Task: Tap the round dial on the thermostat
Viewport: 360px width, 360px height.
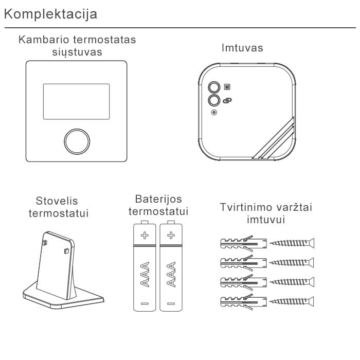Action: (x=76, y=140)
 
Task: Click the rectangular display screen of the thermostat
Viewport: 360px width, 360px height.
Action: (x=76, y=102)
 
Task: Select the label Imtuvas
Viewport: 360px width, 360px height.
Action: (x=242, y=48)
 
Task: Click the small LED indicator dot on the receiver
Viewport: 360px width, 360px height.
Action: (x=214, y=113)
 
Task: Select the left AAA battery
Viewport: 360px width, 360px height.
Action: (x=145, y=267)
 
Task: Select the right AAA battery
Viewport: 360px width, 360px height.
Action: (x=171, y=267)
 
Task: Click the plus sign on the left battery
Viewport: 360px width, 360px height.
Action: (x=145, y=236)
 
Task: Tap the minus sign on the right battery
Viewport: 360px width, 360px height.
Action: (x=171, y=304)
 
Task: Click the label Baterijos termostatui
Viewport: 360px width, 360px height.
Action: (x=158, y=205)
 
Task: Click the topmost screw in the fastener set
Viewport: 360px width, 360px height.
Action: (x=292, y=242)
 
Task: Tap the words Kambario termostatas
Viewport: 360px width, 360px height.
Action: (x=77, y=40)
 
